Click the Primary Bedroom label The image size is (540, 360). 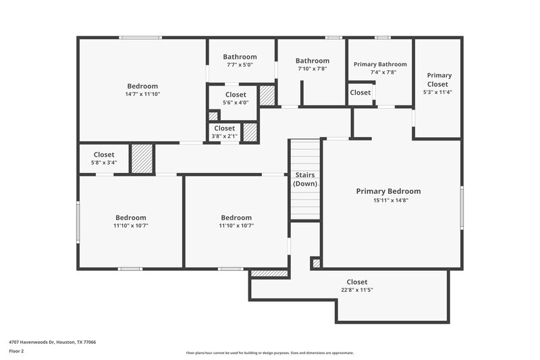388,191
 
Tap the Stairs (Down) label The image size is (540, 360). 305,179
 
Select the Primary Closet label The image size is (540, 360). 439,80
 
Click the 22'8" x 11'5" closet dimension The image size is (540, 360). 356,290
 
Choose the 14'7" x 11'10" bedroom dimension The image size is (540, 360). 142,95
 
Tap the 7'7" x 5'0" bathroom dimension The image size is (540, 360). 240,66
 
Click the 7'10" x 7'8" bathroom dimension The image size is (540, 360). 313,69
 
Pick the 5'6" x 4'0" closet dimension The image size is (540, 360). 236,103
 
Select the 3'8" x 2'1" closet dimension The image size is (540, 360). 225,136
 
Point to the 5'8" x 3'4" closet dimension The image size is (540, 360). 104,163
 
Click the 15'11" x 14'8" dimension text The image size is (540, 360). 388,200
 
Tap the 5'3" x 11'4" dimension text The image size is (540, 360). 437,92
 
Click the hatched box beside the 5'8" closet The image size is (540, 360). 142,159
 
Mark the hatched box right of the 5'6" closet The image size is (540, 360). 267,95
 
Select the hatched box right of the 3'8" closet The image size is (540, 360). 250,131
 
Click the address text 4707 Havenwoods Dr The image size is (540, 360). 52,342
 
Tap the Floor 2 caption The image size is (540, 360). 16,351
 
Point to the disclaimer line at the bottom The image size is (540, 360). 269,353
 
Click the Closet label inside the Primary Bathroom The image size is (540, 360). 360,93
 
